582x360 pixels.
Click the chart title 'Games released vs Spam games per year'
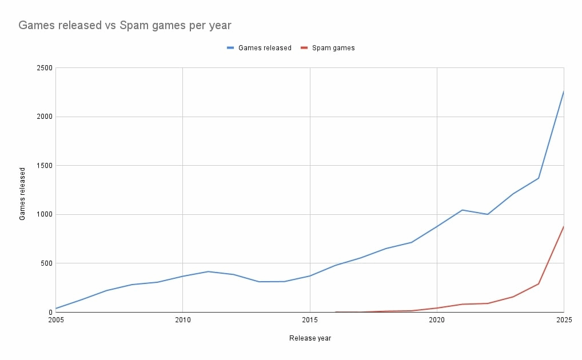click(125, 25)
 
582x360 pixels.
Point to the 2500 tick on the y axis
click(45, 68)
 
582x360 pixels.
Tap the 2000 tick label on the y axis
click(45, 117)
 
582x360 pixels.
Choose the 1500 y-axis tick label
click(45, 166)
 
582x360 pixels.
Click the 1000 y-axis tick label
click(45, 214)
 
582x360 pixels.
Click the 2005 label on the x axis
click(55, 320)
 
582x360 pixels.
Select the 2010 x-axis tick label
click(182, 320)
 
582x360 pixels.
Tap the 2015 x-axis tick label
click(310, 320)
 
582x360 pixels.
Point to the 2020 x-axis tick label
click(437, 320)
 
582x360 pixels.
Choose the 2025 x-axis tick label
click(563, 320)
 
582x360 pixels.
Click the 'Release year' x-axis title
click(310, 338)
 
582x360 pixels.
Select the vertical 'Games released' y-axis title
click(23, 194)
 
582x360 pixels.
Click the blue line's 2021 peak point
click(462, 210)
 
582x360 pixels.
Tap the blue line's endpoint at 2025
click(564, 91)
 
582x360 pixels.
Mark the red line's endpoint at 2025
click(564, 226)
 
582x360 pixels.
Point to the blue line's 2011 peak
click(208, 271)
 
